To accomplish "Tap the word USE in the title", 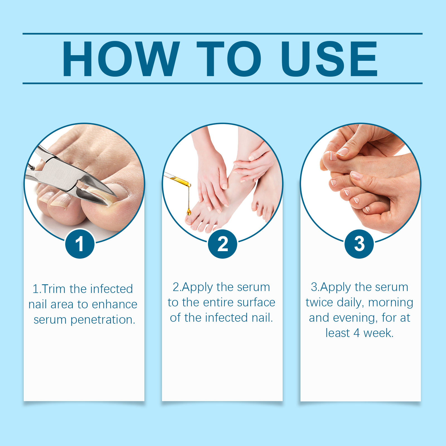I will (x=329, y=59).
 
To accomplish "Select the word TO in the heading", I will (x=229, y=59).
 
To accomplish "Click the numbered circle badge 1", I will (x=80, y=244).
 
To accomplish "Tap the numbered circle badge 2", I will (x=222, y=244).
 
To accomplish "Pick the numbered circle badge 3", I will (x=359, y=244).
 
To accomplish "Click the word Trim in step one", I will (x=54, y=289).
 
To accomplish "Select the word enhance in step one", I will (x=115, y=304).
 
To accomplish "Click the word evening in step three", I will (x=355, y=318).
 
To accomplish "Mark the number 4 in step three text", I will (x=357, y=333).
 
